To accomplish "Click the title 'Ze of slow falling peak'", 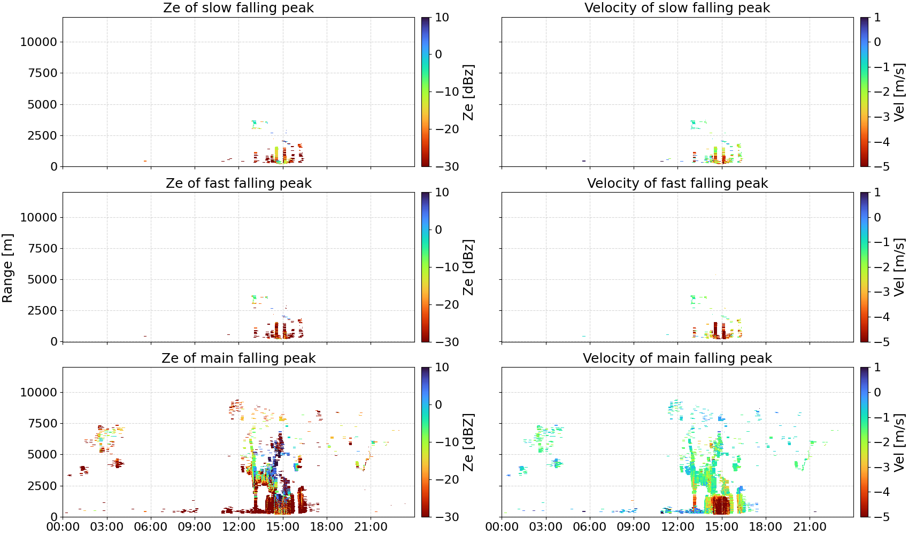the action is pyautogui.click(x=238, y=7).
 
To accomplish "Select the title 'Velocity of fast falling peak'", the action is pyautogui.click(x=677, y=183).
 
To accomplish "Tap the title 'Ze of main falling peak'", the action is pyautogui.click(x=238, y=358).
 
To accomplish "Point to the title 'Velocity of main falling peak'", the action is pyautogui.click(x=677, y=358).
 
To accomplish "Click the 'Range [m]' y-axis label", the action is pyautogui.click(x=7, y=268).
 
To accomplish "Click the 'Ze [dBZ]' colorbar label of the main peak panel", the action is pyautogui.click(x=468, y=442).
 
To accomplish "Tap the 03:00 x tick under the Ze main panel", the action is pyautogui.click(x=107, y=527).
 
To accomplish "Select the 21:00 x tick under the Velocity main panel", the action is pyautogui.click(x=810, y=527).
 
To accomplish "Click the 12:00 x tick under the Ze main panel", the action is pyautogui.click(x=238, y=527).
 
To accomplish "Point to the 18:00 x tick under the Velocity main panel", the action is pyautogui.click(x=766, y=527).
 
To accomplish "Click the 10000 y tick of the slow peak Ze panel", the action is pyautogui.click(x=39, y=42).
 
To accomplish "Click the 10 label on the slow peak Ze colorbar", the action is pyautogui.click(x=442, y=18).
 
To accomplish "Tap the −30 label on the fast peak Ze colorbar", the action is pyautogui.click(x=447, y=342).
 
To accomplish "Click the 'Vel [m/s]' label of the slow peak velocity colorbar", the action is pyautogui.click(x=899, y=91).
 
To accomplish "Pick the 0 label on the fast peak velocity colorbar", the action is pyautogui.click(x=877, y=217).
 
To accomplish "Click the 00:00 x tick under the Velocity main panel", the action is pyautogui.click(x=502, y=527).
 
